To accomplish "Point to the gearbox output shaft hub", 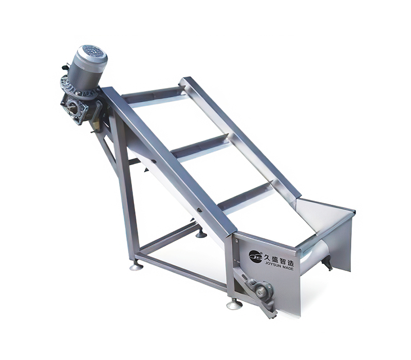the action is [72, 107].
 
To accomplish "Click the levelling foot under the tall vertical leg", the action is [137, 266].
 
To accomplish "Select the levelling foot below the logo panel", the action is [234, 305].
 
